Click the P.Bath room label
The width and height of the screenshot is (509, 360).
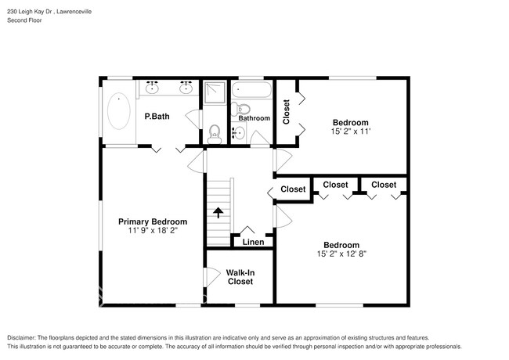click(157, 117)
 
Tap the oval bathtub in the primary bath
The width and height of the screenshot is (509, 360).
click(119, 111)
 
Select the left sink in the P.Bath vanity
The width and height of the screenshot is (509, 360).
click(153, 88)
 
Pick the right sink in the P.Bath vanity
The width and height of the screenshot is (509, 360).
click(187, 88)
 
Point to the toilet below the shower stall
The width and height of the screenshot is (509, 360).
click(215, 134)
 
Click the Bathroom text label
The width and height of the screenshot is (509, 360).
click(254, 118)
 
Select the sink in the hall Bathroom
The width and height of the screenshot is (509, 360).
click(240, 134)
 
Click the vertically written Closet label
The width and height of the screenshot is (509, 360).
click(287, 111)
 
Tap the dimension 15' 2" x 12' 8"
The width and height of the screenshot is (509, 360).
click(342, 254)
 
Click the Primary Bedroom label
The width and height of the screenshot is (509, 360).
click(153, 221)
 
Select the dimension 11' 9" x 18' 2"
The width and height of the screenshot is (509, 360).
click(153, 231)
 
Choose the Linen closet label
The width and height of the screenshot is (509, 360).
click(253, 243)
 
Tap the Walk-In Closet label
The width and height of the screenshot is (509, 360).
click(240, 277)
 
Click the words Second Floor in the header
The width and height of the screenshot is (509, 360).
click(24, 20)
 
